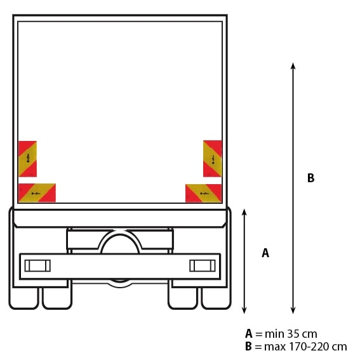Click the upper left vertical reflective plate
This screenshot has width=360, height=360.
(27, 159)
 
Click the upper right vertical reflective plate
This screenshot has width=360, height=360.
(212, 159)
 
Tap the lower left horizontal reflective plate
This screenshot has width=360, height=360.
(37, 193)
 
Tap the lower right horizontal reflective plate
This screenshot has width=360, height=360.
(203, 193)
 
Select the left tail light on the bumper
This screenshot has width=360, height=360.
(37, 266)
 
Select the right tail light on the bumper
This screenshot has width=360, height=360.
(203, 265)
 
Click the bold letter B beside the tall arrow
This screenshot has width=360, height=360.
(310, 178)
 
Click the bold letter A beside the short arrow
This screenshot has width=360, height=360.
(265, 253)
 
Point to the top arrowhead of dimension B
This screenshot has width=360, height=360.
(293, 65)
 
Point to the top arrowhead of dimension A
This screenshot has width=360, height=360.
(244, 212)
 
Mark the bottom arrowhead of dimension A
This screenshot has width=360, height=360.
(244, 310)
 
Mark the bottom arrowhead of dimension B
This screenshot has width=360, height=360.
(293, 310)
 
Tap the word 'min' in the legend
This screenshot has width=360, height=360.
(275, 334)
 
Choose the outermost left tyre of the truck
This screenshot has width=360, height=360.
(23, 298)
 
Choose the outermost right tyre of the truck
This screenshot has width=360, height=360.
(216, 298)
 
